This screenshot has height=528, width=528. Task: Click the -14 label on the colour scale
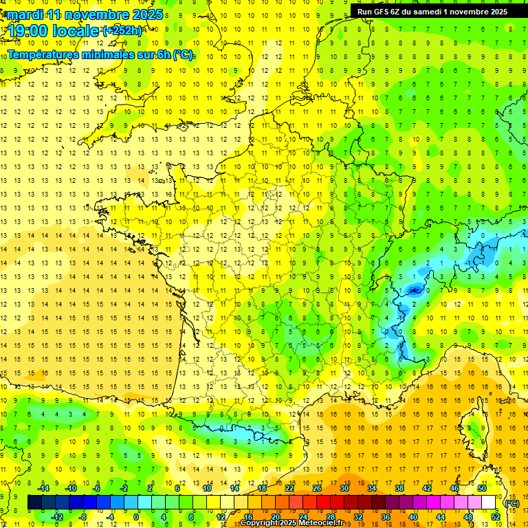(x=43, y=488)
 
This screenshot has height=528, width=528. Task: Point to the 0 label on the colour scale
(x=136, y=517)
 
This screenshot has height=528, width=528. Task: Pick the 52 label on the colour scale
(x=496, y=517)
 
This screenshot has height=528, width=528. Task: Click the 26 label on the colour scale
(x=317, y=488)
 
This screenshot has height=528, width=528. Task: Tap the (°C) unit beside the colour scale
(x=512, y=503)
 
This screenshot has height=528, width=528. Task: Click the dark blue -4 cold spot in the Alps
(x=414, y=291)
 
